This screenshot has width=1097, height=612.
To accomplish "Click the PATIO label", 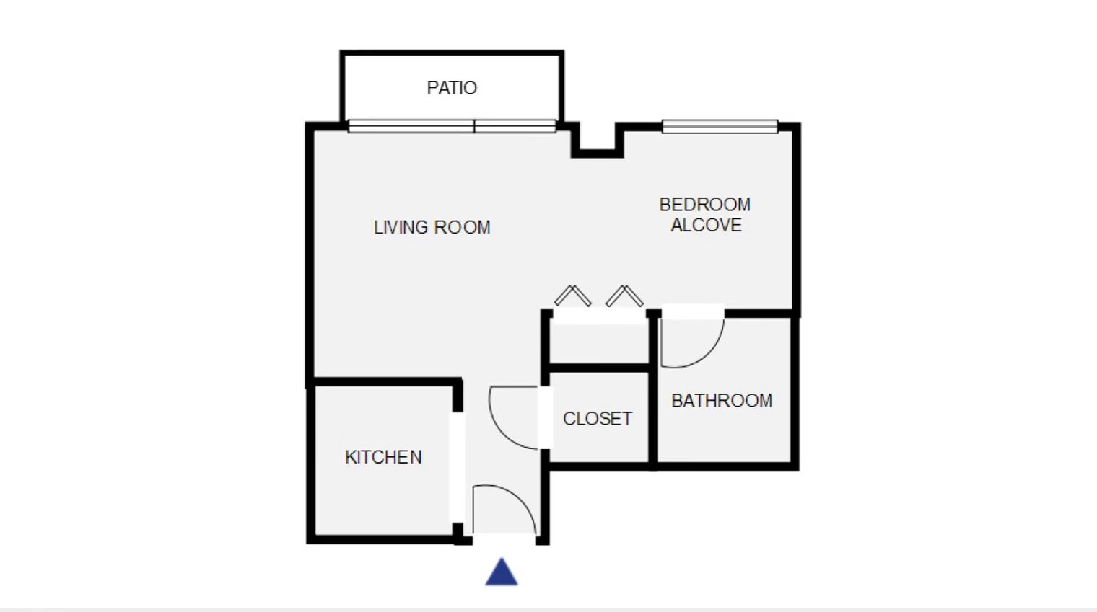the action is pos(452,88).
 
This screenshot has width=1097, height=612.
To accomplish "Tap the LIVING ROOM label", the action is pos(432,228).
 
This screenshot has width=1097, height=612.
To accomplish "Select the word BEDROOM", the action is pos(704,205).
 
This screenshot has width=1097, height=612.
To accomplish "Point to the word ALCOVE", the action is pos(706,225).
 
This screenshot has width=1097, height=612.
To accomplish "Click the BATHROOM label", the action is pos(722,401).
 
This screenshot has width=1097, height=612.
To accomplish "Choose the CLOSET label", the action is pos(598,418).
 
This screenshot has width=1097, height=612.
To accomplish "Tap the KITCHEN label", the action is pos(383,457).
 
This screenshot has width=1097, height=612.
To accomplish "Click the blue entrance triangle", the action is pos(502,572).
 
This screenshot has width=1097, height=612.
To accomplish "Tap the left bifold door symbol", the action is pos(572,296).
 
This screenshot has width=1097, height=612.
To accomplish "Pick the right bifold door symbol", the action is pos(624,296).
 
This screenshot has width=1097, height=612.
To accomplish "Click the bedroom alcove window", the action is pos(720,127).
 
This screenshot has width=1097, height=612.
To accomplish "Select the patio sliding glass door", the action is pos(452,126).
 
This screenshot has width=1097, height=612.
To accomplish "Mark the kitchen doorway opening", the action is pos(457,468).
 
